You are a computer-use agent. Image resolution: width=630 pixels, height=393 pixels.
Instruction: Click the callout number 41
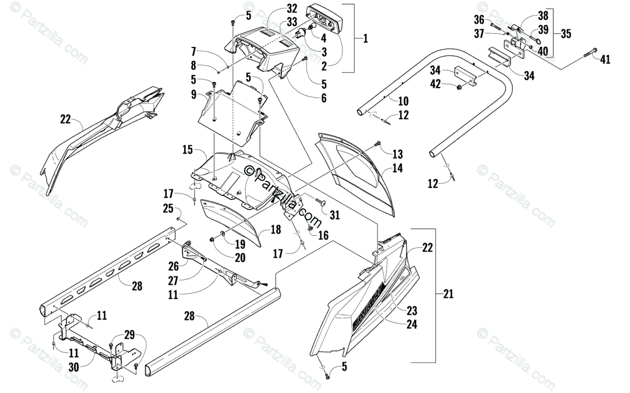point(605,60)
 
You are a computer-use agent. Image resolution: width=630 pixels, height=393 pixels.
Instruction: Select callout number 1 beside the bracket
point(365,38)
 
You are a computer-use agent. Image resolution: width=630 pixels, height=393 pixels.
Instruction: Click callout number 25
point(167,209)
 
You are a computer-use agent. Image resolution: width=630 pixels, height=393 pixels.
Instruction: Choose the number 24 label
point(411,324)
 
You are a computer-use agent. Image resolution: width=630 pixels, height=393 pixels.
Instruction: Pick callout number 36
point(478,19)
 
